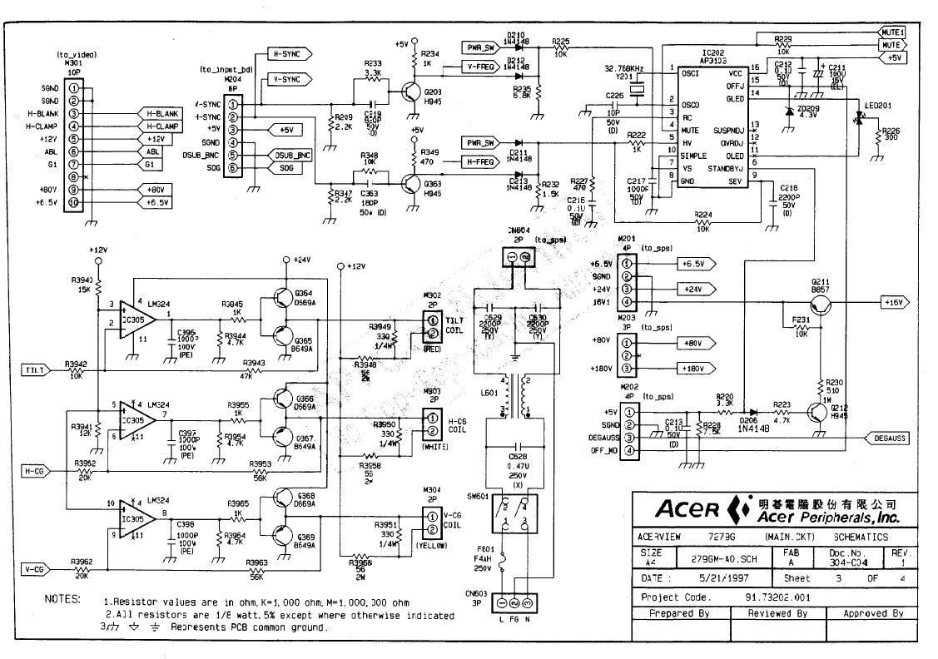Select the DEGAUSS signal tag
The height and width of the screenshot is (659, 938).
(x=886, y=438)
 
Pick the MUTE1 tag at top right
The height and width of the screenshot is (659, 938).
(x=893, y=31)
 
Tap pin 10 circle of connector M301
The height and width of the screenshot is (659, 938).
(x=74, y=202)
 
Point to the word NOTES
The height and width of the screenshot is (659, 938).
(x=62, y=600)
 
